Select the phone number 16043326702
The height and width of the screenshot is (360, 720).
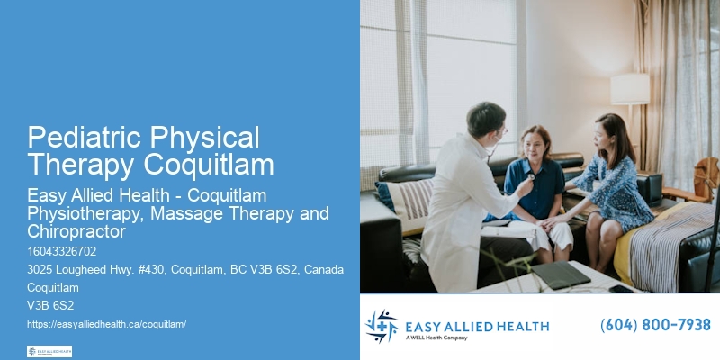[62, 251]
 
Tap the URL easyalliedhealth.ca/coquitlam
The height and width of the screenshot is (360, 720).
[107, 323]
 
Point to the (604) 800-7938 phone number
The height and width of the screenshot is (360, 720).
[655, 325]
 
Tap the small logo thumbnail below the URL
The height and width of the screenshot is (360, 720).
[49, 350]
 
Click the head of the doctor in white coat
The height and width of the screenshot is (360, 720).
[487, 121]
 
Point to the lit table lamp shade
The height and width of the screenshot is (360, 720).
[630, 89]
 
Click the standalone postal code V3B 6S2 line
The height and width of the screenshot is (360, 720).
[50, 305]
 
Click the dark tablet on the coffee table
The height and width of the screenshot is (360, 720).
[560, 274]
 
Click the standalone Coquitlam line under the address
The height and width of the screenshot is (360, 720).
[52, 288]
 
